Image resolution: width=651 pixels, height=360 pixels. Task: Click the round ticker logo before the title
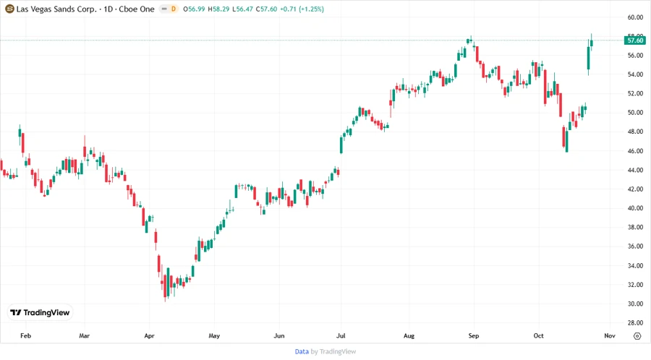pyautogui.click(x=9, y=8)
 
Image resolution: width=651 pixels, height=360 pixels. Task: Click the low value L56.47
pyautogui.click(x=248, y=8)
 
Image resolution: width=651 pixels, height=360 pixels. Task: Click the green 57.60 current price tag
pyautogui.click(x=635, y=41)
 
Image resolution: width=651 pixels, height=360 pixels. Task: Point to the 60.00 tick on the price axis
pyautogui.click(x=635, y=17)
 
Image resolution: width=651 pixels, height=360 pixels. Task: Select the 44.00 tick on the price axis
pyautogui.click(x=635, y=170)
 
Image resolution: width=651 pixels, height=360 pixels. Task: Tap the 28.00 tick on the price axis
pyautogui.click(x=635, y=323)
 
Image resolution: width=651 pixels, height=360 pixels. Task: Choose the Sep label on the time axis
pyautogui.click(x=474, y=336)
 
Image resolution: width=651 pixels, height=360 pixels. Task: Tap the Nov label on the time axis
pyautogui.click(x=609, y=336)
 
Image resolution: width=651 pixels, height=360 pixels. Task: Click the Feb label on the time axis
pyautogui.click(x=25, y=336)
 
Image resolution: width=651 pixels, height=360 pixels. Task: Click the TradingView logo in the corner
pyautogui.click(x=40, y=312)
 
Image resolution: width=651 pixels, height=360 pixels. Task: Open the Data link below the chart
pyautogui.click(x=302, y=351)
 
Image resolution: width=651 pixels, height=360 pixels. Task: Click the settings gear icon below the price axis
pyautogui.click(x=637, y=336)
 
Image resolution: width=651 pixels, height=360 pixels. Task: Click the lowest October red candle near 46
pyautogui.click(x=566, y=139)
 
